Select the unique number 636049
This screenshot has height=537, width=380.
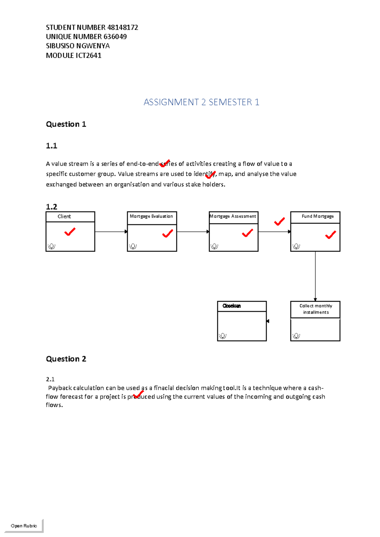(x=115, y=37)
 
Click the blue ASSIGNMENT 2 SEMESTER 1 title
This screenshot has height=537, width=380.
(x=201, y=102)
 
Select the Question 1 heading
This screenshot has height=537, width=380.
(x=66, y=124)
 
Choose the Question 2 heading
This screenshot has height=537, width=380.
(x=66, y=359)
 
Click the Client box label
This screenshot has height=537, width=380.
(x=64, y=217)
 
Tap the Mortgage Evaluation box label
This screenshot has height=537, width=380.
(x=151, y=216)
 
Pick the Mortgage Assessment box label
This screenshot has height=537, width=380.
(x=233, y=216)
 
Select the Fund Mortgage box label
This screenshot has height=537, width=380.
(x=318, y=216)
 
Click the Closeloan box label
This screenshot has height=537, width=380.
(x=231, y=306)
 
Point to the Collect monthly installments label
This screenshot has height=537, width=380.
(x=316, y=309)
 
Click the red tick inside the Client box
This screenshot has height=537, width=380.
(x=70, y=232)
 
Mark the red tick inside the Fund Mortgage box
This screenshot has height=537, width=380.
(x=330, y=235)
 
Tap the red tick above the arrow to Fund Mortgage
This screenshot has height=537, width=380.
(x=279, y=222)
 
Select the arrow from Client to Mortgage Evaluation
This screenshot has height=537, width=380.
(x=111, y=232)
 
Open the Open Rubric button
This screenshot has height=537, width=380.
(x=24, y=526)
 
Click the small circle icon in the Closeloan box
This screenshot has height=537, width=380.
(x=223, y=336)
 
